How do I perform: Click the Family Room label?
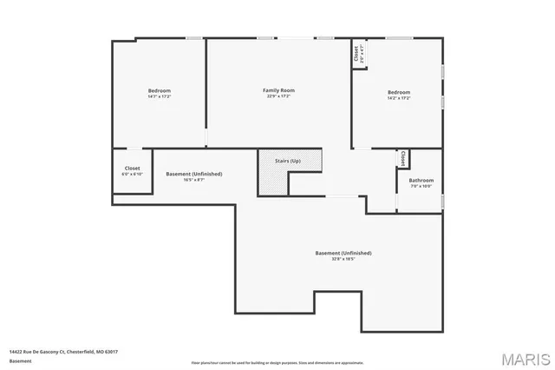(279, 90)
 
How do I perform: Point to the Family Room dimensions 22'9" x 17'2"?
(279, 96)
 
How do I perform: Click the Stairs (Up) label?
(290, 161)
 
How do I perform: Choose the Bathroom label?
(421, 181)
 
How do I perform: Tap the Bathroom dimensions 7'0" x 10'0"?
(421, 186)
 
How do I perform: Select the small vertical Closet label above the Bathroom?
(402, 159)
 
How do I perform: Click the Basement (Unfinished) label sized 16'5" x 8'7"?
(193, 174)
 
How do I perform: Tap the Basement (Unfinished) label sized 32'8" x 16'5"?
(343, 253)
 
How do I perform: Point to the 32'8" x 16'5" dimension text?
(343, 259)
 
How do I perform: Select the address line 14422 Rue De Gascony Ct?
(63, 352)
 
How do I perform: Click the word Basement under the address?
(20, 360)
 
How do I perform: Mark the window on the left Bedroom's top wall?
(193, 37)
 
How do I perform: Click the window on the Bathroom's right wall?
(442, 202)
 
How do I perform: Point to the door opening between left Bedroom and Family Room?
(206, 137)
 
